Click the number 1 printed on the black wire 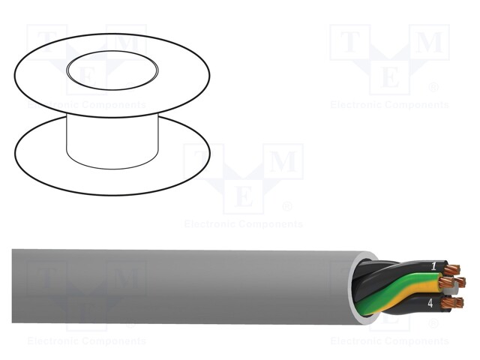pos(433,266)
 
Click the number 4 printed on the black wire pos(430,304)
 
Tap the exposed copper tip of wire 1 pos(452,268)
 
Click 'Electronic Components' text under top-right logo pos(389,105)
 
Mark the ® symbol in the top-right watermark pos(433,88)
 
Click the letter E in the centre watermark pos(244,197)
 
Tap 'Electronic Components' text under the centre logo pos(244,224)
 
